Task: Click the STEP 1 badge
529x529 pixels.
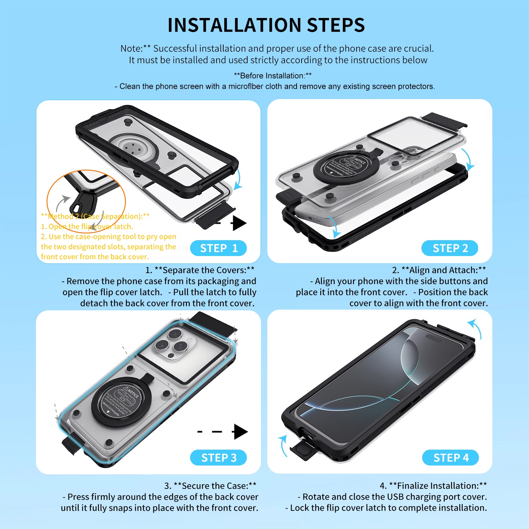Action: [218, 248]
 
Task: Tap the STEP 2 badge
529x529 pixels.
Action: [450, 248]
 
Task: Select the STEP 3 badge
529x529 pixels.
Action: [218, 458]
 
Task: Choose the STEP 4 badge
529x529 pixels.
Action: [450, 458]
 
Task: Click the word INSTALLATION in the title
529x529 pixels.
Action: [234, 25]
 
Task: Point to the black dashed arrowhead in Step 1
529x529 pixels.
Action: [239, 223]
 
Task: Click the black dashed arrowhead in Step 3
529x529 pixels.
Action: [241, 432]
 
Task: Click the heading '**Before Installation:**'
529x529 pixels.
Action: [273, 76]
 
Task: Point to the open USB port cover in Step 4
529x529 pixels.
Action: [303, 451]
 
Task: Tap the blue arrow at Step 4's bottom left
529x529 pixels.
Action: [282, 445]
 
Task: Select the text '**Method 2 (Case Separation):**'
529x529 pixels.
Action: [95, 216]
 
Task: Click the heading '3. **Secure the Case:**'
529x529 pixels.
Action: [210, 486]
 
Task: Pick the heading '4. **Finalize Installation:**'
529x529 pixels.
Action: [433, 486]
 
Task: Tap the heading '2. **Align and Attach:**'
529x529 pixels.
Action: [439, 270]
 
